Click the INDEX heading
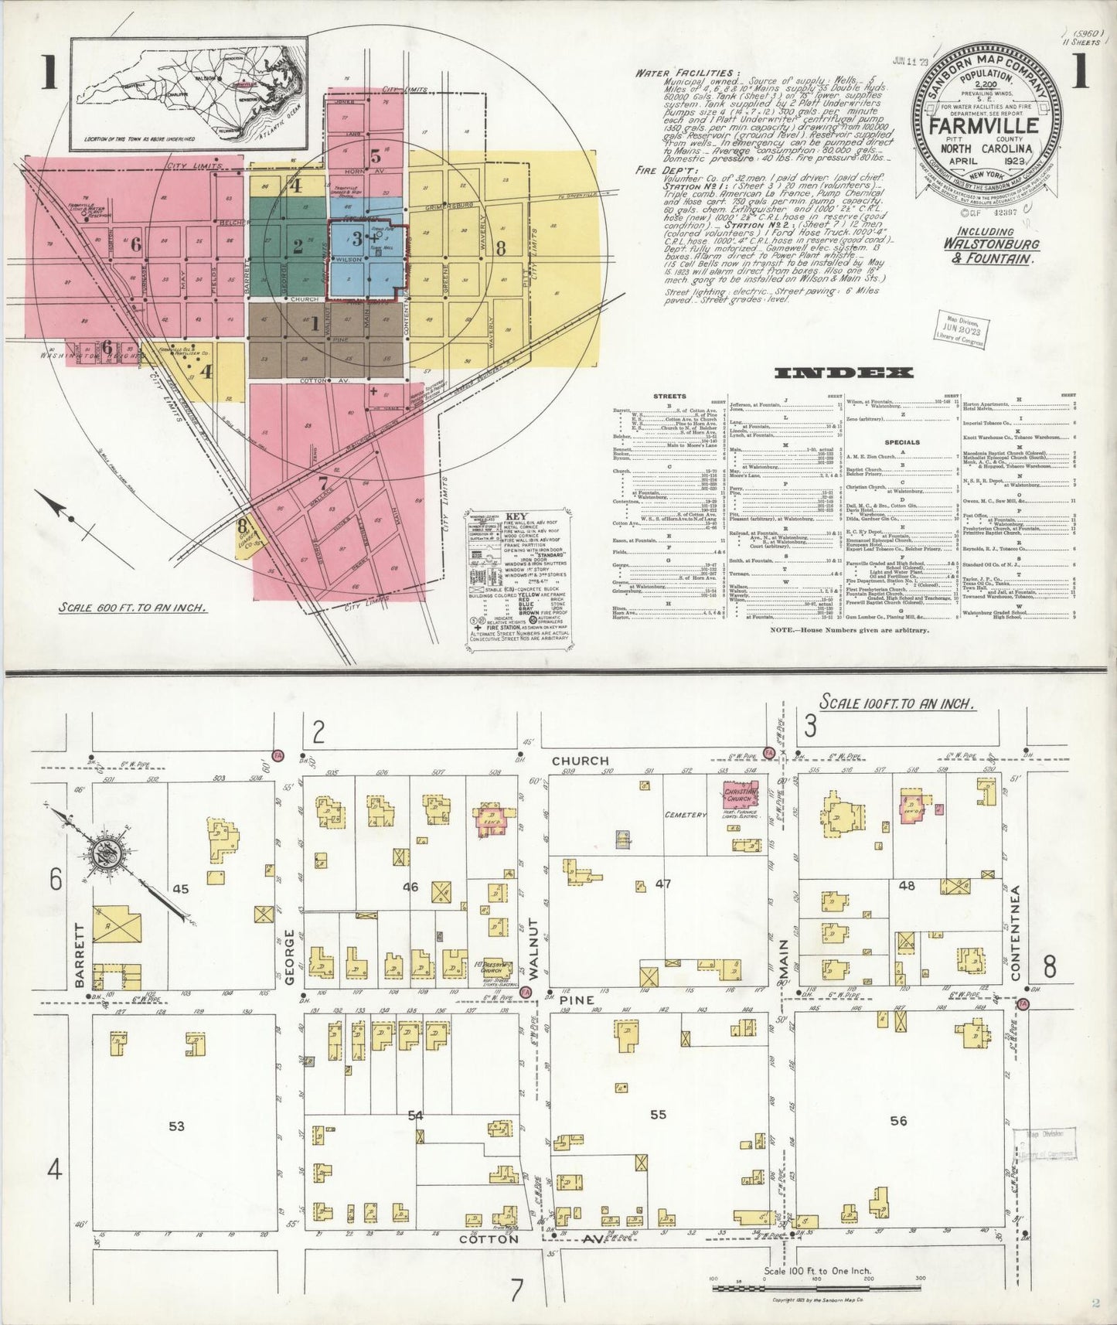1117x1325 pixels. [x=843, y=373]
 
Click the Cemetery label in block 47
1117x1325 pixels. [x=685, y=815]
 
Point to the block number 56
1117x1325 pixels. [x=897, y=1120]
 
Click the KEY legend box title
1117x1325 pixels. [x=516, y=516]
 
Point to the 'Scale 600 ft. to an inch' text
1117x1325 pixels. [x=133, y=607]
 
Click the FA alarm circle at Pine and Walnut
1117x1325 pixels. [x=526, y=993]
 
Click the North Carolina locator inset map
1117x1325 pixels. [x=189, y=94]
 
